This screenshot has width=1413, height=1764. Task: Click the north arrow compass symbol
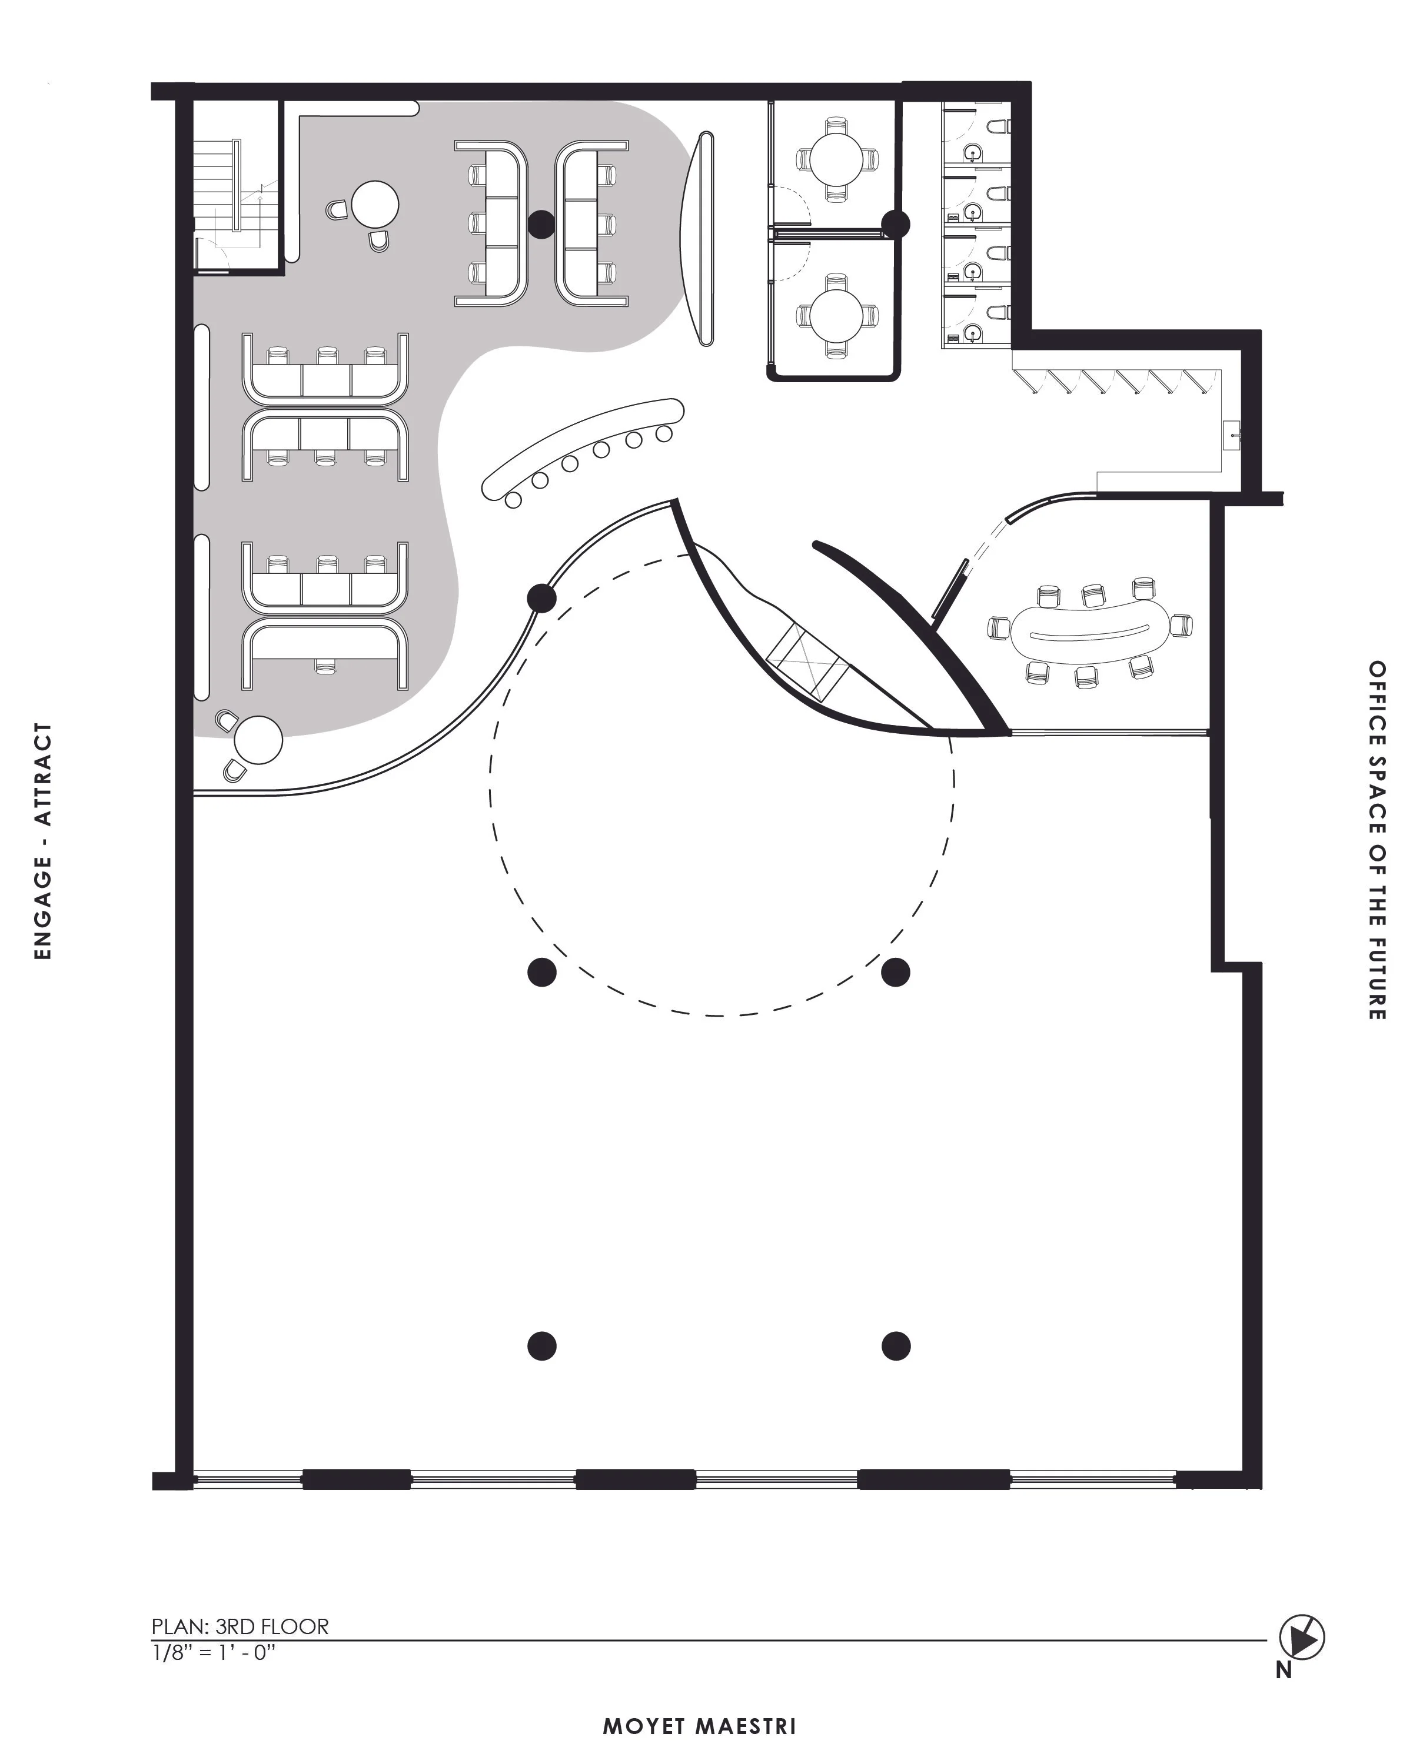pyautogui.click(x=1302, y=1637)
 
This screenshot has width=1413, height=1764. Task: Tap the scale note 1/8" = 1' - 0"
pyautogui.click(x=214, y=1652)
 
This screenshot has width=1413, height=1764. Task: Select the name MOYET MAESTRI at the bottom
pyautogui.click(x=699, y=1726)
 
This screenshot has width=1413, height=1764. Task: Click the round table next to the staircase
pyautogui.click(x=375, y=203)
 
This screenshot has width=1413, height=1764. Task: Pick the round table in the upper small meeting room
pyautogui.click(x=836, y=159)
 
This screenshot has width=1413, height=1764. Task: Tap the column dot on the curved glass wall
pyautogui.click(x=542, y=598)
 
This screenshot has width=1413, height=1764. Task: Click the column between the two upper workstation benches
pyautogui.click(x=541, y=224)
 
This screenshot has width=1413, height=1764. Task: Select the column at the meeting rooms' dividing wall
pyautogui.click(x=896, y=223)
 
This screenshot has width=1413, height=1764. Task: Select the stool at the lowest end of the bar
pyautogui.click(x=513, y=500)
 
